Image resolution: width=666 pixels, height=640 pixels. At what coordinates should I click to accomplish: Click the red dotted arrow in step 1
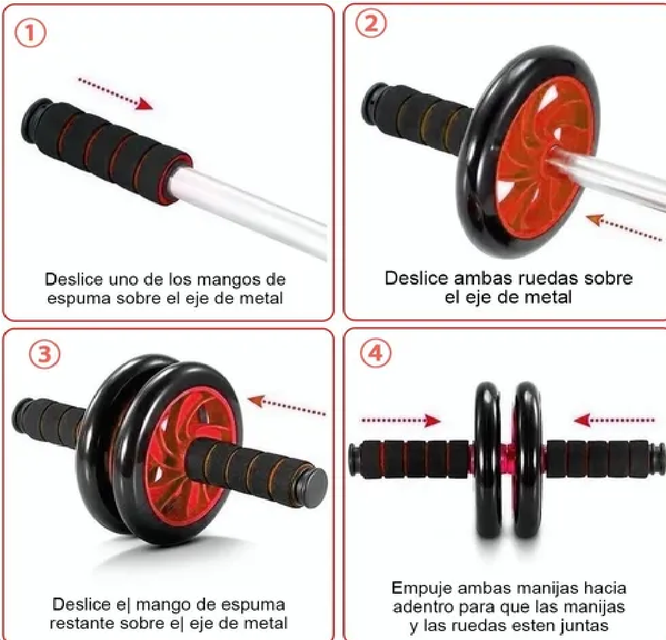click(115, 93)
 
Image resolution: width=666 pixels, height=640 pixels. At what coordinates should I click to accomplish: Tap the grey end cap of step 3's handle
click(315, 487)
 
